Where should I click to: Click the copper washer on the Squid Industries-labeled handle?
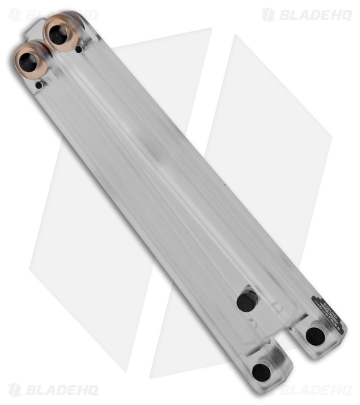pos(60,31)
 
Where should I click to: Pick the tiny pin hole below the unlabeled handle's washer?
pos(39,85)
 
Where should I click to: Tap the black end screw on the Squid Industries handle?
pos(315,336)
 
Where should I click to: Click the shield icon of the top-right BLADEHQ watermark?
pos(268,15)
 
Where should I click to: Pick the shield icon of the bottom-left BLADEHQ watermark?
pos(15,390)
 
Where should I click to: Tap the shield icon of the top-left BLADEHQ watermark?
pos(15,15)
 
